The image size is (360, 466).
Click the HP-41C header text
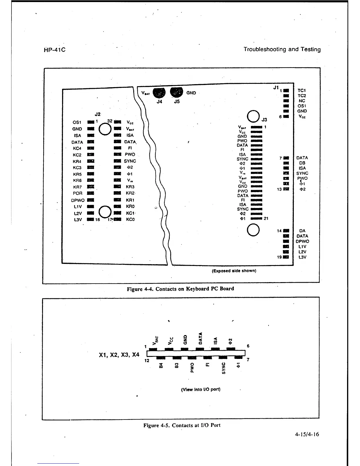54,50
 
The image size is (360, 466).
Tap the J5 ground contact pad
177,92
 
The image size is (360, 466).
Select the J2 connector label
98,114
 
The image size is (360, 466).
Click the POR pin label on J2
78,193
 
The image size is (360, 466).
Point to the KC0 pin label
130,219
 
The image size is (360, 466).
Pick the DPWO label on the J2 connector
78,200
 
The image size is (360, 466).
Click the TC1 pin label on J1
302,91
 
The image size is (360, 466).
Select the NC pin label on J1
302,101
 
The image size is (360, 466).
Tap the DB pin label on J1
302,163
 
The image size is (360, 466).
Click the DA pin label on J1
302,231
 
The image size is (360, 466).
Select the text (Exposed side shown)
234,271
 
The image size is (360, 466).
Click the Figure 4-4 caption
180,289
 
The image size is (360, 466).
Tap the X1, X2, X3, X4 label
119,355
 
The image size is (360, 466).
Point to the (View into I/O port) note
201,390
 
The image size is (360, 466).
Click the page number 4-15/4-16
307,434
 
